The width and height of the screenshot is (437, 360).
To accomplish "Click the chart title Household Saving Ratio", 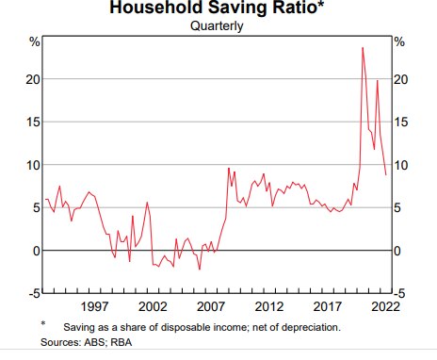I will click(x=217, y=9).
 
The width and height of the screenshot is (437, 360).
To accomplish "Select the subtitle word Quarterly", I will click(x=217, y=26).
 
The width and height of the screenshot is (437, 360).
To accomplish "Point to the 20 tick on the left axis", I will click(x=33, y=79).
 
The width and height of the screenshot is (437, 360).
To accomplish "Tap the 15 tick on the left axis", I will click(x=33, y=122).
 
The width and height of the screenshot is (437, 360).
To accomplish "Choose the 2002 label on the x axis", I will click(x=153, y=307).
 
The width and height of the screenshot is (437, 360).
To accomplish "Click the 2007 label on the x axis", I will click(x=211, y=307).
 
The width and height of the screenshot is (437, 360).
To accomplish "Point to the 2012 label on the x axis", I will click(x=269, y=307).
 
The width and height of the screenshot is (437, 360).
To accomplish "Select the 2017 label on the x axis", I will click(x=328, y=307).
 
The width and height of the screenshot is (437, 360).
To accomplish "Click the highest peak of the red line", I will click(x=363, y=47).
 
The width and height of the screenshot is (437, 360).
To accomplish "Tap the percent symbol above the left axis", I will click(x=35, y=41).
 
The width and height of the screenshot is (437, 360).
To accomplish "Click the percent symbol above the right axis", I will click(x=398, y=41).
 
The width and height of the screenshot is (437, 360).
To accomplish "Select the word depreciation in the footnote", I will click(x=307, y=326).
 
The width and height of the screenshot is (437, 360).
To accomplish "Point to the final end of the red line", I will click(x=386, y=174).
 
